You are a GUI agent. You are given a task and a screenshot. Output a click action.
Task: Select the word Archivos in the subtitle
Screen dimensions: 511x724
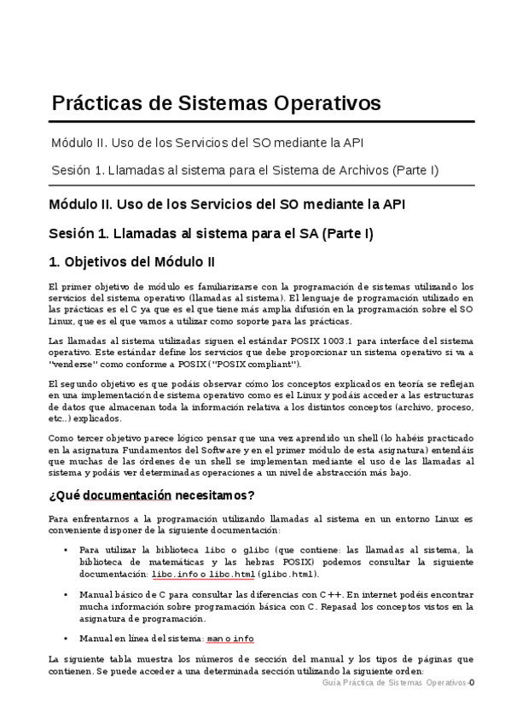pos(360,170)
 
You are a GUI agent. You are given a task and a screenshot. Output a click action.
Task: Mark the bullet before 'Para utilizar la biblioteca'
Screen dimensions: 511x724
pos(66,551)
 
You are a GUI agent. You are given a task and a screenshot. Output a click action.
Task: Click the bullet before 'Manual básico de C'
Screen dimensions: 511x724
pos(66,595)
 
